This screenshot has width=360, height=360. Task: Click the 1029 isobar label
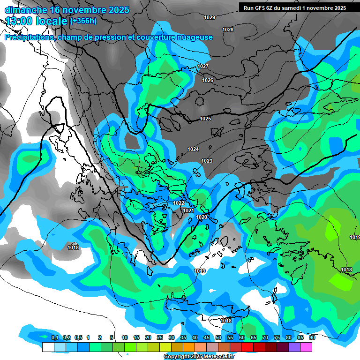click(210, 17)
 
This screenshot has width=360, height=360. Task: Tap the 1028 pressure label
click(228, 30)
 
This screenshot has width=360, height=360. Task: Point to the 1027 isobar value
click(202, 66)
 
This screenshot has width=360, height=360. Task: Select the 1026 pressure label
click(208, 80)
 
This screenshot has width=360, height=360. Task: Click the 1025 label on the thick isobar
click(205, 119)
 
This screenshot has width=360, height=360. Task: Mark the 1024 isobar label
click(193, 149)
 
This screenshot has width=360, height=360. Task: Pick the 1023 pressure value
click(207, 161)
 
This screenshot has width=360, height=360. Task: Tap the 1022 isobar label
click(179, 203)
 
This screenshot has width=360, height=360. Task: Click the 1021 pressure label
click(188, 210)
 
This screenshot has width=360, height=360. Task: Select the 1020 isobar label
click(202, 217)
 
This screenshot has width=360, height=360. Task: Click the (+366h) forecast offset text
click(83, 21)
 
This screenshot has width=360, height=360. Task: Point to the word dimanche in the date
click(25, 10)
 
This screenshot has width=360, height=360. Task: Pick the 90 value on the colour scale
click(312, 337)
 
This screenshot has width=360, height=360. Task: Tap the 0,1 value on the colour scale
click(55, 337)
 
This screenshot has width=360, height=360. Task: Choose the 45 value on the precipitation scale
click(207, 337)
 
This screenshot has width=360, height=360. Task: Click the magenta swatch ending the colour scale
click(306, 347)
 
